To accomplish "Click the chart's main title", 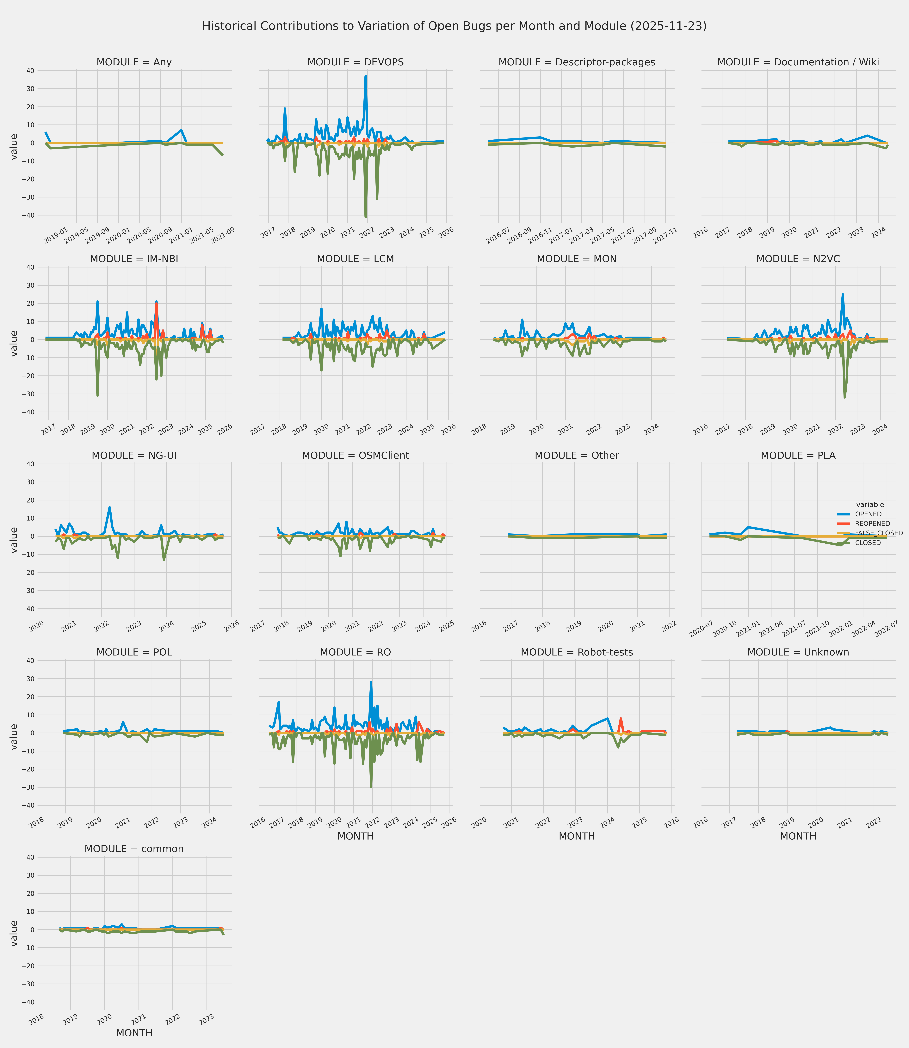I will click(454, 26).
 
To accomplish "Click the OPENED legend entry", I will click(868, 514).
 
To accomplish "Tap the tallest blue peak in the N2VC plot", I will click(843, 294).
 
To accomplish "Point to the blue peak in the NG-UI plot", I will click(110, 507).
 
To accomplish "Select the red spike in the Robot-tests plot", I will click(621, 719).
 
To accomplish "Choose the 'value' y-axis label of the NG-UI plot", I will click(14, 540).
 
